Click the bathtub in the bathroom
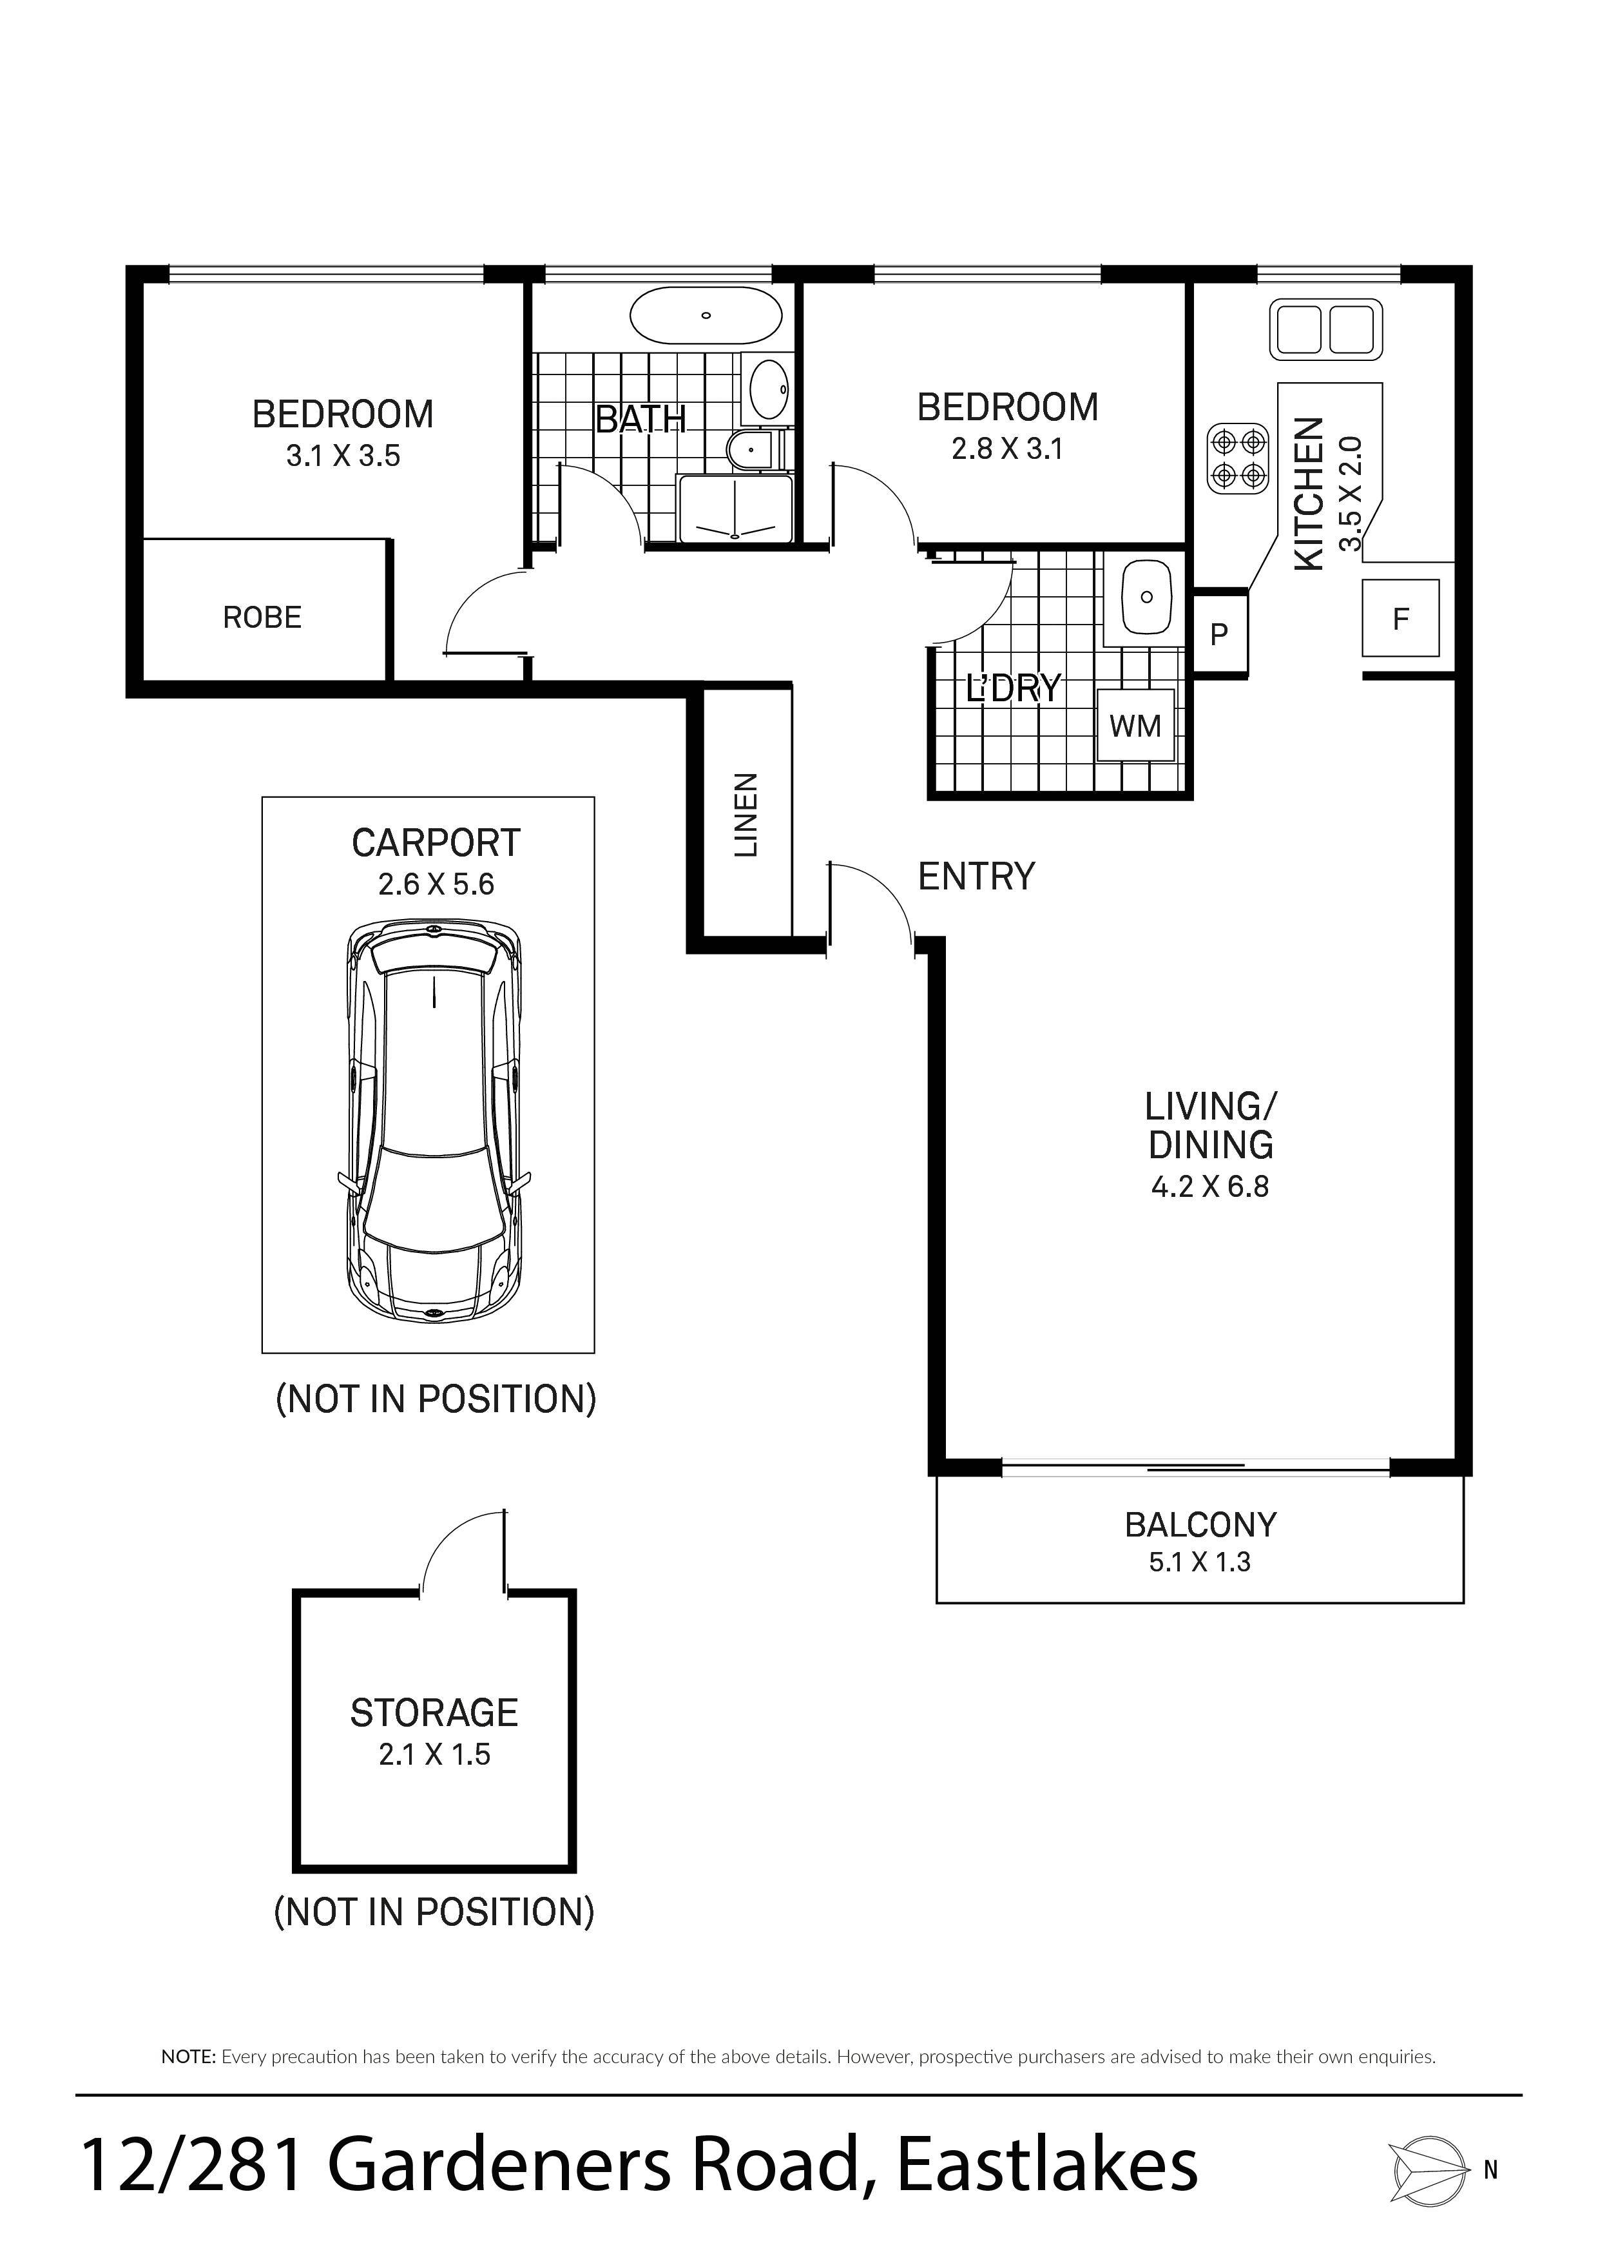706,316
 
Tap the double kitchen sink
1325,329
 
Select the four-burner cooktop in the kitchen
1238,458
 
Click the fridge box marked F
1400,619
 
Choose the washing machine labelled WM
1136,726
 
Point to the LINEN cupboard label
746,815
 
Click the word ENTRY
977,877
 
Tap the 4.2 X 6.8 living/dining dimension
1210,1187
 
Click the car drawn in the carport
434,1121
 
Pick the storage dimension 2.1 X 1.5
434,1754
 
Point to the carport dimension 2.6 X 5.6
436,884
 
